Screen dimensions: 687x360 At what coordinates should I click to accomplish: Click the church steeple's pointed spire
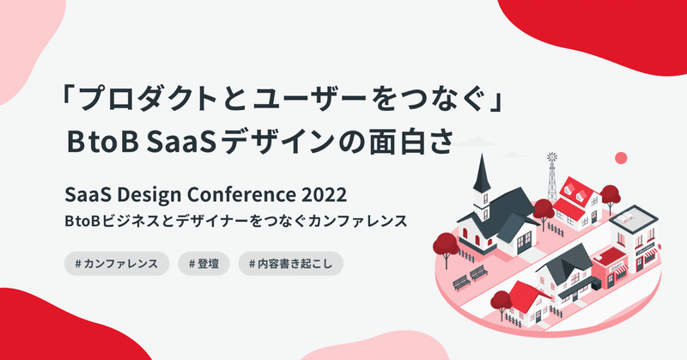[x=482, y=174]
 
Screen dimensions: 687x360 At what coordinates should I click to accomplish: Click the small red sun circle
[x=621, y=158]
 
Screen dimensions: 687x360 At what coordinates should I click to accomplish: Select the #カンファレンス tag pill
[x=117, y=264]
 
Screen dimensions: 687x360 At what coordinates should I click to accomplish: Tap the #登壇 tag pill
[x=204, y=264]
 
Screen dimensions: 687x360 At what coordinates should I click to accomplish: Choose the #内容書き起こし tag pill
[x=290, y=264]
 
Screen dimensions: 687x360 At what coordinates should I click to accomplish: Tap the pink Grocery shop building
[x=610, y=268]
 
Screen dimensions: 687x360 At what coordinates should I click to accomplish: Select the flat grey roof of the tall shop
[x=634, y=218]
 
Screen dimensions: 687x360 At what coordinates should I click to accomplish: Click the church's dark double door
[x=524, y=242]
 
